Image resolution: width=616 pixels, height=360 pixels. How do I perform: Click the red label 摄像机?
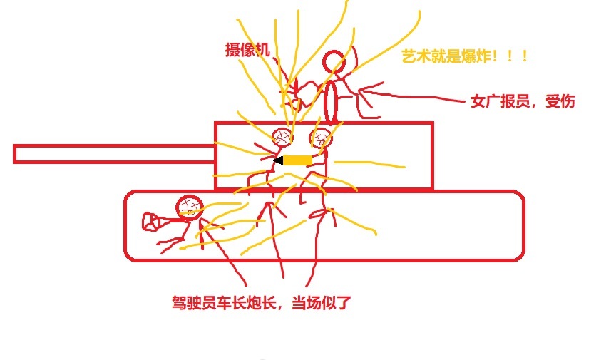[246, 50]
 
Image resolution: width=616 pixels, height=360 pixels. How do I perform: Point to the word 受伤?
[560, 102]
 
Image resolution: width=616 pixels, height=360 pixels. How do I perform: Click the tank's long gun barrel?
[114, 153]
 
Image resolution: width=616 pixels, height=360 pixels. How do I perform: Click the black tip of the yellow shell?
[278, 160]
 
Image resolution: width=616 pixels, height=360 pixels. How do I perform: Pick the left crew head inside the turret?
[283, 137]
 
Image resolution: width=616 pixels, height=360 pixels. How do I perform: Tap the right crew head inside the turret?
[320, 138]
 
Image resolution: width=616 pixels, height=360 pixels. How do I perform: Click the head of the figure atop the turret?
[333, 63]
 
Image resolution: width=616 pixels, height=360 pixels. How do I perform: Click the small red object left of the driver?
[150, 222]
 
